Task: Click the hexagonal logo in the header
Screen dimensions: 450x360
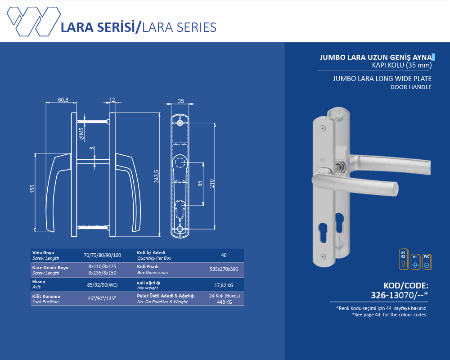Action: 34,22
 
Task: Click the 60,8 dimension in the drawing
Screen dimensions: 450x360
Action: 63,99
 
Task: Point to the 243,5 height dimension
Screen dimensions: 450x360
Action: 157,176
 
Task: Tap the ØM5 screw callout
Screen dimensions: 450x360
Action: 82,134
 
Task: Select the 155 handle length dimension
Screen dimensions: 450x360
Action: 32,189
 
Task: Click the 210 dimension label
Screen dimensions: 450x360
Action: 212,184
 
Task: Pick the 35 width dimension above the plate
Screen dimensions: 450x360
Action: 181,101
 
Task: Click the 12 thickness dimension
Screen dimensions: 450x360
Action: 112,99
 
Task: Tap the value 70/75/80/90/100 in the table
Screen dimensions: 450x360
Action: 103,255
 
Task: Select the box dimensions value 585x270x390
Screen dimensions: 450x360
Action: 224,269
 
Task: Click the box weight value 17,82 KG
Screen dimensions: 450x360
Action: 224,285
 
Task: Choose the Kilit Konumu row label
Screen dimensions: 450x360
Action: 46,296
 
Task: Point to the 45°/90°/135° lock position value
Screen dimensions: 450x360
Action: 102,298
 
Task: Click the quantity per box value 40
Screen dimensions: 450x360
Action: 224,255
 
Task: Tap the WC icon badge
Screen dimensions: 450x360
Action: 427,262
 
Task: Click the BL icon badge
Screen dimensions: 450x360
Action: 415,262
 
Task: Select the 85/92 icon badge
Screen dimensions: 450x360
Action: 404,259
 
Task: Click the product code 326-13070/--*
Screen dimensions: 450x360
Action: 399,295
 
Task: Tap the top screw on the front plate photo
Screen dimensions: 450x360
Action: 323,127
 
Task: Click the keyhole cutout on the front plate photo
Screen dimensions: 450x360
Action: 323,230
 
